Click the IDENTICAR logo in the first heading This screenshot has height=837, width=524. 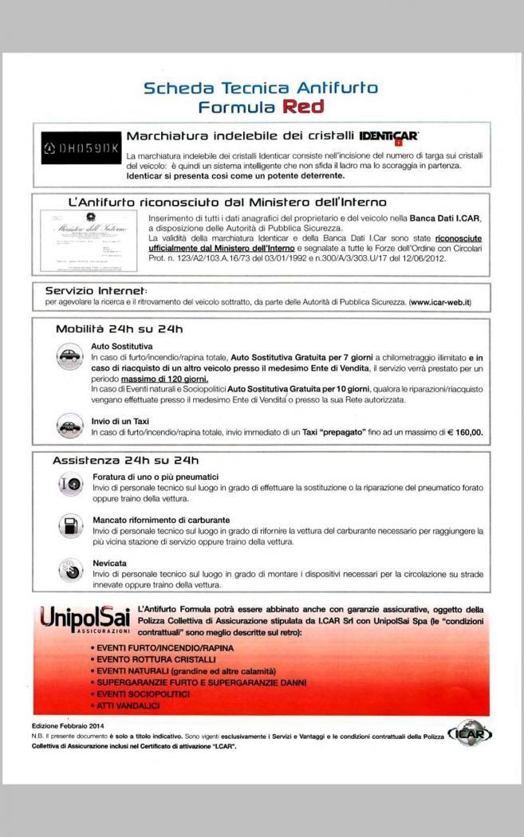coord(389,138)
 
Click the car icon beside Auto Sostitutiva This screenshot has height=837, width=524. coord(71,356)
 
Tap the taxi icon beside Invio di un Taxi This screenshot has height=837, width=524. coord(71,426)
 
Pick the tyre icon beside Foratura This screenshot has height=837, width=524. coord(71,483)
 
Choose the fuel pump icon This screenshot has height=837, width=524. coord(71,525)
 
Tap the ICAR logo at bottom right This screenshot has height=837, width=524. coord(471,732)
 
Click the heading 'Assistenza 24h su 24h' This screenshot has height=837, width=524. coord(125,460)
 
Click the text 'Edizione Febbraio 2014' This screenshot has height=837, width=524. coord(69,726)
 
